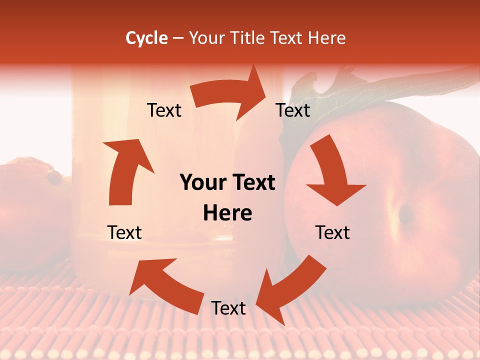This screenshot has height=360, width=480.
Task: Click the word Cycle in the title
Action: [x=146, y=38]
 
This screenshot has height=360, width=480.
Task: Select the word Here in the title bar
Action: [x=326, y=38]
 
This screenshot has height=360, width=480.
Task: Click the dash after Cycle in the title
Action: [x=178, y=38]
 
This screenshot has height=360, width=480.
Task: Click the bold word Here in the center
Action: [x=227, y=213]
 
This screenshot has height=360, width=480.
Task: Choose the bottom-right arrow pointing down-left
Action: [x=290, y=287]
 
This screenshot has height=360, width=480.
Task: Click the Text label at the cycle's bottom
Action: [x=228, y=308]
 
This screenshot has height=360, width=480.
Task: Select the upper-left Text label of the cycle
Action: [x=164, y=110]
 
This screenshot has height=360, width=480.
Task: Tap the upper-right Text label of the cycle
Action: [x=293, y=110]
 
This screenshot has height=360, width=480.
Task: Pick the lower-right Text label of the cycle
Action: [x=332, y=232]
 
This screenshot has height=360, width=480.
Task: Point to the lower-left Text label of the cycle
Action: [x=124, y=232]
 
